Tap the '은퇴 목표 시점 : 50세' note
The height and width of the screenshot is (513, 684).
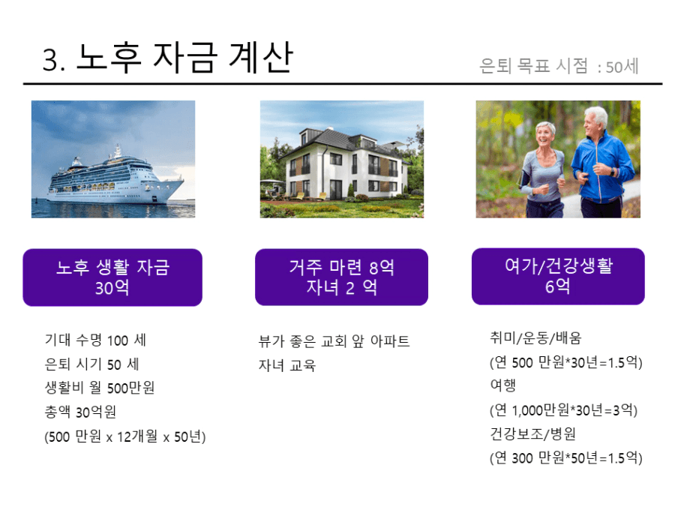(x=559, y=66)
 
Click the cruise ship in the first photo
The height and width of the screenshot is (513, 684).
(x=115, y=178)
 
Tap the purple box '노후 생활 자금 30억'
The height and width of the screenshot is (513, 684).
(x=112, y=277)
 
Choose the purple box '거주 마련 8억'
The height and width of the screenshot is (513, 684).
(x=341, y=277)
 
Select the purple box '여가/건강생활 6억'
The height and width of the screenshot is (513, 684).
(x=558, y=276)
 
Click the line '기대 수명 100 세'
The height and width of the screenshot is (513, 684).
(x=95, y=340)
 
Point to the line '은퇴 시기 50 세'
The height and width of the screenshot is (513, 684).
(x=92, y=364)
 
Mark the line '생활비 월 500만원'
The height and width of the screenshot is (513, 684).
(x=100, y=387)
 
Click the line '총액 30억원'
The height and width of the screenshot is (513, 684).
(x=81, y=411)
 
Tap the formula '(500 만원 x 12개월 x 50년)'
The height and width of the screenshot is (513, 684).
(x=125, y=436)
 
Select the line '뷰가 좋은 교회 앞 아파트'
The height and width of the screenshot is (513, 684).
(x=334, y=340)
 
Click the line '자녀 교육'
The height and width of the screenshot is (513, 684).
(x=287, y=364)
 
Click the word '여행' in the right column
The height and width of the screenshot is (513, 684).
(x=503, y=385)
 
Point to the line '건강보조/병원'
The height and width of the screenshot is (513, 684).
(x=533, y=433)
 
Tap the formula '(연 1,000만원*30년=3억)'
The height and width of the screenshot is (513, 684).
(x=563, y=409)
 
